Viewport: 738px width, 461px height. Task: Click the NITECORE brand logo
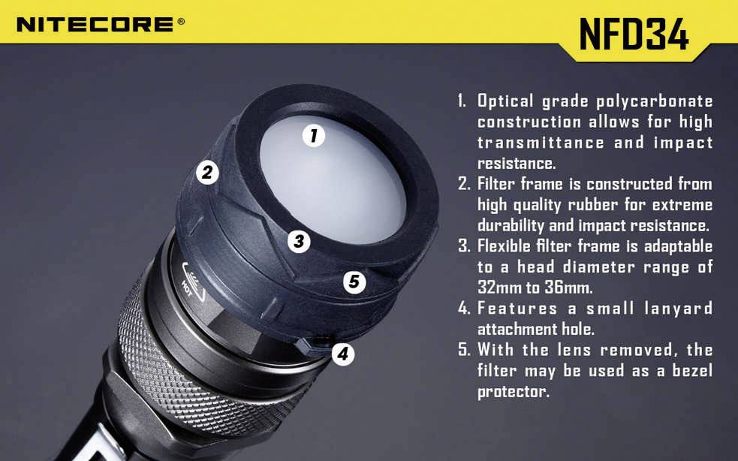(95, 25)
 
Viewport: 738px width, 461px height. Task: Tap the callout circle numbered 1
(313, 136)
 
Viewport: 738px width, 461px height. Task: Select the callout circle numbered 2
(207, 173)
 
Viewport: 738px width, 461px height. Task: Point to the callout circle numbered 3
(299, 241)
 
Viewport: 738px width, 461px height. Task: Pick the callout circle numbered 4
(343, 353)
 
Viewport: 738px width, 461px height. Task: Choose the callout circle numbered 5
(354, 282)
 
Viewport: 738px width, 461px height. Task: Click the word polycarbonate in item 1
(654, 101)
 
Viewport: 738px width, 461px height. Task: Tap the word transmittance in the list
(540, 143)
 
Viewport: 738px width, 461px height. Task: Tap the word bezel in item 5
(691, 371)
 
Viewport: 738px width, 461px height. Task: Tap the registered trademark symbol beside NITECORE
(181, 22)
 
